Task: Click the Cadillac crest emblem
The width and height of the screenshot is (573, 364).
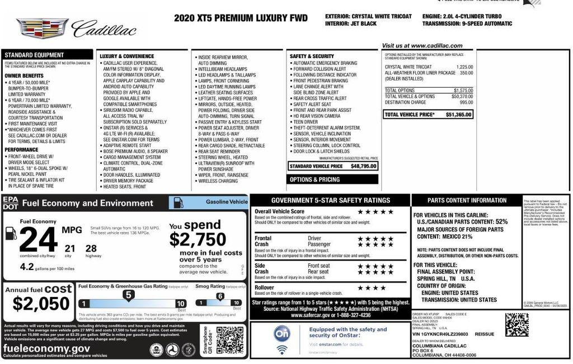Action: click(x=43, y=27)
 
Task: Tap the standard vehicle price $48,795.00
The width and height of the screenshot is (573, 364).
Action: click(x=364, y=166)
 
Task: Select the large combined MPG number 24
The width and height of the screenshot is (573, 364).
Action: click(x=38, y=240)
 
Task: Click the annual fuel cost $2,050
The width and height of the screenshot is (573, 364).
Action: click(x=34, y=304)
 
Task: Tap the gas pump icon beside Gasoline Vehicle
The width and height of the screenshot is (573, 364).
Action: click(x=177, y=202)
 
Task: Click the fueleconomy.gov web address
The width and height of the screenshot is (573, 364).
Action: click(x=46, y=348)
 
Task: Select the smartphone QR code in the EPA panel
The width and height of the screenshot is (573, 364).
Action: click(x=229, y=340)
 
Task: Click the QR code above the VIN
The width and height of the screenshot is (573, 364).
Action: click(x=516, y=324)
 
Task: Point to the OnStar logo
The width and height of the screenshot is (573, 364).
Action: click(x=281, y=334)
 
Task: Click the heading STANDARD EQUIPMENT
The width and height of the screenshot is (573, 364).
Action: click(x=35, y=55)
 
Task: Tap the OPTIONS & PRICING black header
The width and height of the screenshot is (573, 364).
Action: click(x=314, y=179)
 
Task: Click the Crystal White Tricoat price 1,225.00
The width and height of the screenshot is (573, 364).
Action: click(x=464, y=67)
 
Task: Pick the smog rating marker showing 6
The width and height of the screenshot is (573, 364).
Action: click(x=220, y=296)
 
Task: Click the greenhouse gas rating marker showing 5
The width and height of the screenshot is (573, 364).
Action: click(x=128, y=295)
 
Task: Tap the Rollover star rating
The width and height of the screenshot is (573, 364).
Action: click(x=372, y=288)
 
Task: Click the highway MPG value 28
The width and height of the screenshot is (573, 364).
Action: click(x=91, y=248)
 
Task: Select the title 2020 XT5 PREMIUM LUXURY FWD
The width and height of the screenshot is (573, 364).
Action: click(x=241, y=18)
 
